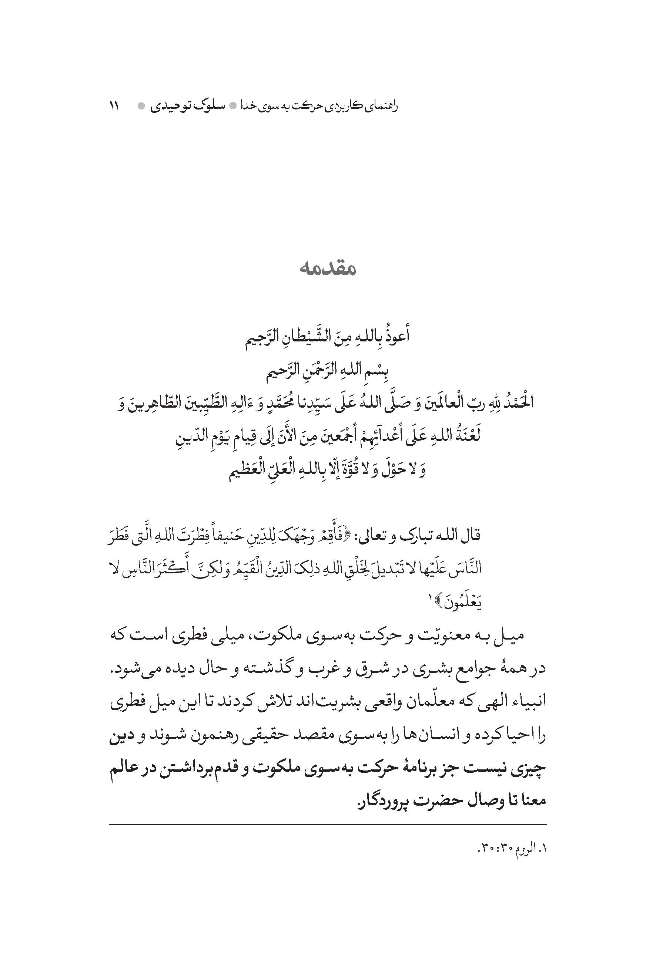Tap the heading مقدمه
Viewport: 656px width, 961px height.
point(327,269)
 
